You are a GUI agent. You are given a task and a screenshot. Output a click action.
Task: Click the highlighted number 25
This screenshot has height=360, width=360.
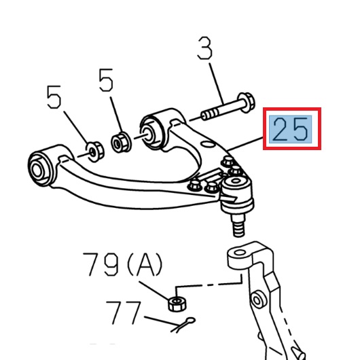click(291, 129)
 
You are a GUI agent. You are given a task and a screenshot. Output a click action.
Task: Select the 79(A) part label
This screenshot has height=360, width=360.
click(123, 265)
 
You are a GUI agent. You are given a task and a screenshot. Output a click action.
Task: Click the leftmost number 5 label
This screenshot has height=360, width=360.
click(54, 100)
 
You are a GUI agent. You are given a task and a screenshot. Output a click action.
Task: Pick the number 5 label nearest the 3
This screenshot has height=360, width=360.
click(106, 82)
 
